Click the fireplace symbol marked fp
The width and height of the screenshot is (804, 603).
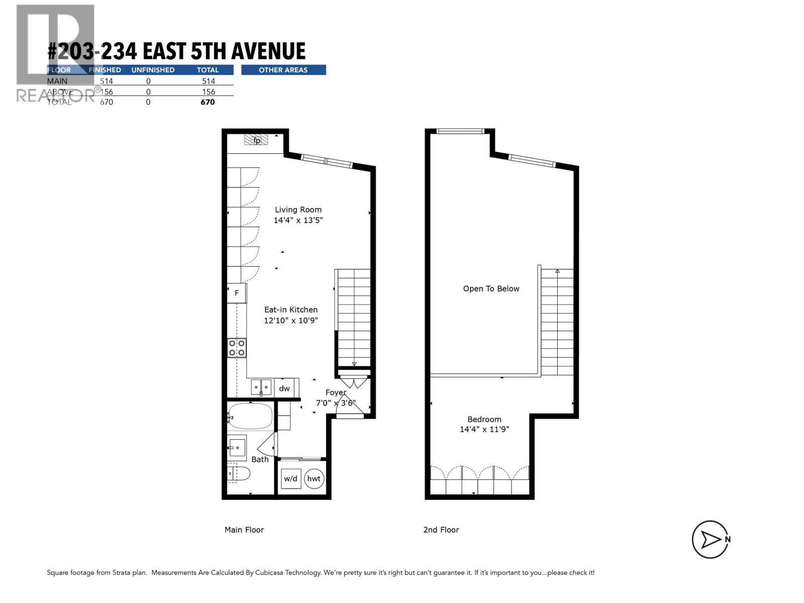256,140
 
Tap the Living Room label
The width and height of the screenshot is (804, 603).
298,210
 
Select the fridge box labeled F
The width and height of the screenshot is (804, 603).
237,293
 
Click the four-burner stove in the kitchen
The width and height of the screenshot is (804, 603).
237,348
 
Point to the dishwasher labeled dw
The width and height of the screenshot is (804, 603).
284,388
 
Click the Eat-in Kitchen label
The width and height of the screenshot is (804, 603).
291,310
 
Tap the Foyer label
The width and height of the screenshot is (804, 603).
336,392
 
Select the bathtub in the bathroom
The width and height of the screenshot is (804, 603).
251,416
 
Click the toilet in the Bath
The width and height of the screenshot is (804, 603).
239,473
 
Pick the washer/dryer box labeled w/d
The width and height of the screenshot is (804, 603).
290,478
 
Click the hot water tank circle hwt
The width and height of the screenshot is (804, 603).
314,478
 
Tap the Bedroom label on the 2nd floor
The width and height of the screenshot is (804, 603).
484,420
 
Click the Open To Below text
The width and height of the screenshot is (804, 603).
491,288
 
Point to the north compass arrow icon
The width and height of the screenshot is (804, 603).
710,540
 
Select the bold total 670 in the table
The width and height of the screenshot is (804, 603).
208,102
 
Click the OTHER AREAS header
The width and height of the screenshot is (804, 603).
283,70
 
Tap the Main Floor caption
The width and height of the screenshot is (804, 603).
244,530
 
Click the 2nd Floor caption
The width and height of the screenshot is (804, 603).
441,530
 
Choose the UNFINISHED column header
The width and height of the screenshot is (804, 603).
153,70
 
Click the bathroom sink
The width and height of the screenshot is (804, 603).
236,446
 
